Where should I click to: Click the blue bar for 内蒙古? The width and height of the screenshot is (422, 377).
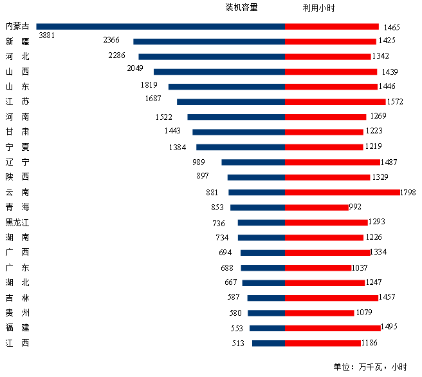pos(161,26)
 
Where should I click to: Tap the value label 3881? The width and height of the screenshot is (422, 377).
pos(47,36)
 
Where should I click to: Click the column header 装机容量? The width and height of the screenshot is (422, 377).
pos(241,8)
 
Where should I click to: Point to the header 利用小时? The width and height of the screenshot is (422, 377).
pos(318,8)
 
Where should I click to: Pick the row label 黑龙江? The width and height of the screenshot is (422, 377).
pos(17,222)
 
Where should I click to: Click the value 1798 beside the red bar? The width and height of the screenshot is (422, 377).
pos(408,192)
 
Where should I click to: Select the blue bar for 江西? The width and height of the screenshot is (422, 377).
pos(268,343)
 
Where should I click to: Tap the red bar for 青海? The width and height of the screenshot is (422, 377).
pos(316,208)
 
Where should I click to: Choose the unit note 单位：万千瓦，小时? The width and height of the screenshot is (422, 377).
pos(370,367)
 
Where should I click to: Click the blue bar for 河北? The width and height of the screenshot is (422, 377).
pos(212,57)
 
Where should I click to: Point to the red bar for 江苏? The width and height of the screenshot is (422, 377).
pos(335,102)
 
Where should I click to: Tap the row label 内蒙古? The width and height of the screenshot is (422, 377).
pos(17,26)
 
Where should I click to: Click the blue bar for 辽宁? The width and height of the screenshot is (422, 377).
pos(253,162)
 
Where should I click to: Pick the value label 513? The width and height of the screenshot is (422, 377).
pos(239,343)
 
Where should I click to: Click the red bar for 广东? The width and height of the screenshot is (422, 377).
pos(318,267)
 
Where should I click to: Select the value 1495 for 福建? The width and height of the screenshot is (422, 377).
pos(389,327)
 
